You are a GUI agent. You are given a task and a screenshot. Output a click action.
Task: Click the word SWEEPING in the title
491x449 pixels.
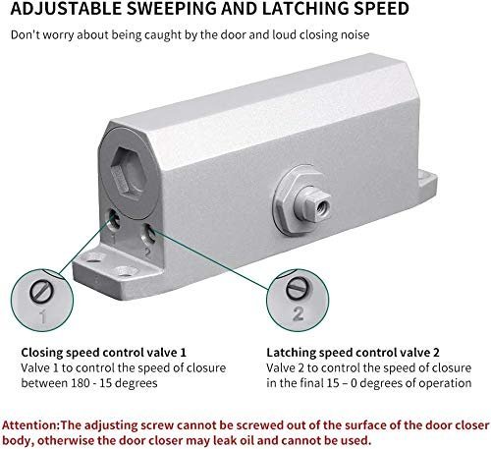pos(171,9)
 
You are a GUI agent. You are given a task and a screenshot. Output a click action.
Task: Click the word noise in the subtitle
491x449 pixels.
pos(355,34)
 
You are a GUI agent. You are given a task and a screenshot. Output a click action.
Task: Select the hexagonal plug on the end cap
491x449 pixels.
pos(129,171)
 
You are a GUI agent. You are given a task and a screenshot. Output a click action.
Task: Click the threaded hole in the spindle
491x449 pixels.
pos(324,206)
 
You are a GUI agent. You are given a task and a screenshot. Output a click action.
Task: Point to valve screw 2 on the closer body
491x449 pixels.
pos(149,233)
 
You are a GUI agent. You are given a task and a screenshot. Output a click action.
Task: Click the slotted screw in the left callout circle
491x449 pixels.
pos(41,291)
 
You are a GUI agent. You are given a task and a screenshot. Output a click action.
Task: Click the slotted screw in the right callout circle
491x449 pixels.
pos(298,289)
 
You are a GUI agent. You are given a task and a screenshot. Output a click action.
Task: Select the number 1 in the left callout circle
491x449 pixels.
pos(43,317)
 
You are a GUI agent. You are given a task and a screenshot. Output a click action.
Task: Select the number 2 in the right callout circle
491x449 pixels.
pos(298,313)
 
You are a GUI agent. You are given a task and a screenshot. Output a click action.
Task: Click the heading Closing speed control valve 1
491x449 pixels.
pos(103,353)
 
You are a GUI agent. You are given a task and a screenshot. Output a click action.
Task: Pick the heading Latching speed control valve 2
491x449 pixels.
pos(353,353)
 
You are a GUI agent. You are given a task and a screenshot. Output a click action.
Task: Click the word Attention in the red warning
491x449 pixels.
pos(29,425)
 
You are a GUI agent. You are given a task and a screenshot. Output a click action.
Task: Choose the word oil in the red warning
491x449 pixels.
pos(271,439)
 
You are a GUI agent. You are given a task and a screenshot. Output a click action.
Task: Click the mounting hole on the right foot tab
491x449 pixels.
pos(423,177)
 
